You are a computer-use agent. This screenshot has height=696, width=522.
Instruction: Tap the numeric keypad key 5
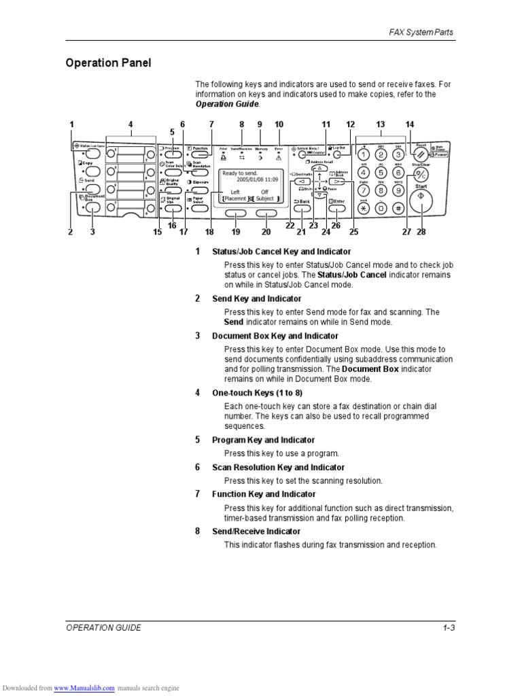(x=381, y=172)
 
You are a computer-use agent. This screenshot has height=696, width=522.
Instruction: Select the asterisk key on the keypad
(x=364, y=208)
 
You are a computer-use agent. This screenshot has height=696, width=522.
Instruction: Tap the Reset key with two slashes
(x=421, y=153)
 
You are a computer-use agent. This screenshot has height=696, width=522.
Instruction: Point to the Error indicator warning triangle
(x=279, y=156)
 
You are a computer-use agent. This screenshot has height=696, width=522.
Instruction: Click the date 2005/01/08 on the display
(x=247, y=180)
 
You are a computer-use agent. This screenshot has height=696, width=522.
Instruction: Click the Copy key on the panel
(x=92, y=171)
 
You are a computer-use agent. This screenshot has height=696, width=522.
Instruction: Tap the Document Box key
(x=92, y=208)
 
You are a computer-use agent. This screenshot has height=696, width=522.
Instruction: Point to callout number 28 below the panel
(x=421, y=232)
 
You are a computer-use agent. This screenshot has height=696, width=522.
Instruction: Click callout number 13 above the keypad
(x=381, y=124)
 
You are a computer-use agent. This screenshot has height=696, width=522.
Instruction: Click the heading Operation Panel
(x=108, y=63)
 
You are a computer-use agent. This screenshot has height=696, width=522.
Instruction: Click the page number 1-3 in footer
(x=448, y=628)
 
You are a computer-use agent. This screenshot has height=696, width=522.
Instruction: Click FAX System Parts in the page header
(x=421, y=32)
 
